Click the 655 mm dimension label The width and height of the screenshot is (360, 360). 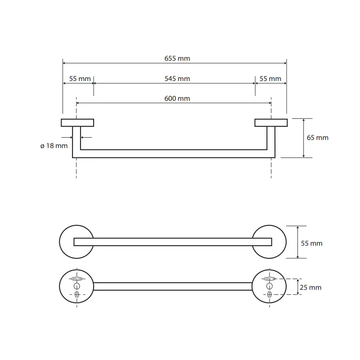pos(175,58)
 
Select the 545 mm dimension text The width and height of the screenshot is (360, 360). pos(175,79)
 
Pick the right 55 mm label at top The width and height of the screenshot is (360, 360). pos(270,79)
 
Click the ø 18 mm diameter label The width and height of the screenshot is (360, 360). pos(54,146)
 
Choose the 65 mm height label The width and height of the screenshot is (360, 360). pos(318,138)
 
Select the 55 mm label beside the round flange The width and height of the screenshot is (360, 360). pos(312,243)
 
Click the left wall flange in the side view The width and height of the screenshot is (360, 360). pos(77,122)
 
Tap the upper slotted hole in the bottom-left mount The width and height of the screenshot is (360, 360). pos(77,279)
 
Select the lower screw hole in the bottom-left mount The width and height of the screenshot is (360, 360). pos(76,294)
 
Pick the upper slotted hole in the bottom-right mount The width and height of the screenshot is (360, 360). pos(270,279)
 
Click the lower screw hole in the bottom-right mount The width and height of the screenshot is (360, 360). pos(270,294)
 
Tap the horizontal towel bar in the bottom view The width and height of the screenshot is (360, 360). pos(173,286)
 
